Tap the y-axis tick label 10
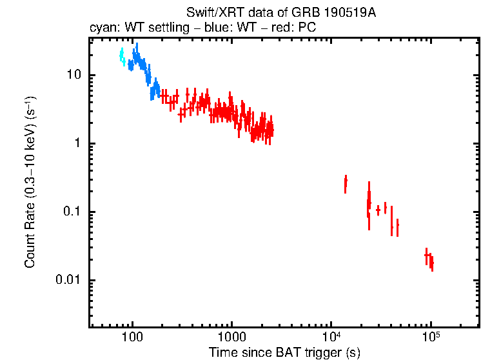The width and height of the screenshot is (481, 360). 74,75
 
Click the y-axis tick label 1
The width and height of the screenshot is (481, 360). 80,144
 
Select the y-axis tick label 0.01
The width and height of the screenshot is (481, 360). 69,281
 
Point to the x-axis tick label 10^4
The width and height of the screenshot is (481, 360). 331,337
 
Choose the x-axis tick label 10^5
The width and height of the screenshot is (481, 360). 430,337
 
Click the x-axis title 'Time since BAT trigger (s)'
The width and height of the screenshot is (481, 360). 284,352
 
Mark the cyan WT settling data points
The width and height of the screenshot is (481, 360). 122,57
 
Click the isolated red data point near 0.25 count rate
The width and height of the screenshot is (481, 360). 346,184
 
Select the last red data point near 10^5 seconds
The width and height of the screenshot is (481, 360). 431,263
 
